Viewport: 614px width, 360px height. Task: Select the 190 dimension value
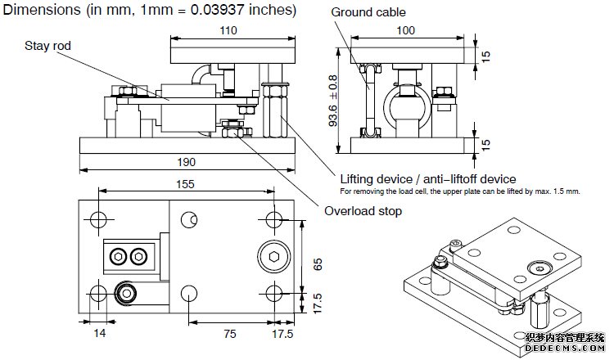point(186,161)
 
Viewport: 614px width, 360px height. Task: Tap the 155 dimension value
point(186,184)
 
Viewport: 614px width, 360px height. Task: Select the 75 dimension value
point(231,335)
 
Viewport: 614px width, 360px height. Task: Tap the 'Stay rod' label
point(48,47)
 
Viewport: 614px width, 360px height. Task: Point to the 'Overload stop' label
point(363,211)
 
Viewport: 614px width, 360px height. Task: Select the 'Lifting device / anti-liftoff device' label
point(427,178)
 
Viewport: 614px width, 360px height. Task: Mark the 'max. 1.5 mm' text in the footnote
point(558,191)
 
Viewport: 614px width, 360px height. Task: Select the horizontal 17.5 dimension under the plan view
point(283,335)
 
